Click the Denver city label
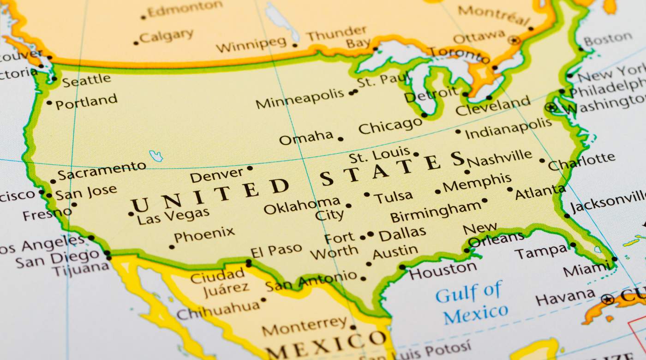pos(216,175)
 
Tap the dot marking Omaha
pos(341,138)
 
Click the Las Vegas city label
pos(173,216)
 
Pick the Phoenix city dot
pos(172,247)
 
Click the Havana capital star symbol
pos(608,299)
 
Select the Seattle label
pos(86,81)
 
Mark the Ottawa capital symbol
pos(514,40)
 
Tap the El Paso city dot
pos(249,264)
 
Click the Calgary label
pos(166,36)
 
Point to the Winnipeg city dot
pos(295,45)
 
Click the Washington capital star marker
pos(550,108)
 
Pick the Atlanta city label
pos(540,192)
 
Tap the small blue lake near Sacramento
pos(156,156)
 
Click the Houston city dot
pos(402,267)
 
